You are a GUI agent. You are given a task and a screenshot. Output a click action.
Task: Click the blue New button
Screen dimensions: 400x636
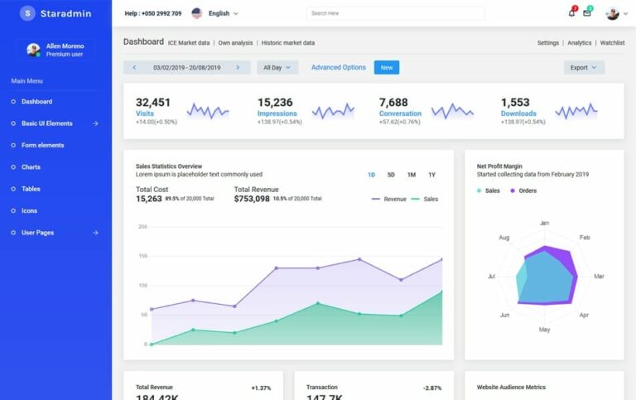387,67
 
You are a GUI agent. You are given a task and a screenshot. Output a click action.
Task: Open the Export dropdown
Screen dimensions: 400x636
584,68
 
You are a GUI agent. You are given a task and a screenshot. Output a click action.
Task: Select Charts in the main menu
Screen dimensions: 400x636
31,167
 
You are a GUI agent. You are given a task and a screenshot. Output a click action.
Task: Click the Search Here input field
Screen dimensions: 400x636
395,13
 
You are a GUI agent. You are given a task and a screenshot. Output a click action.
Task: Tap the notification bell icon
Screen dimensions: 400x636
571,13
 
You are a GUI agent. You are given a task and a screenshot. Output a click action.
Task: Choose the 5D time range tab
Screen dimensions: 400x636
391,175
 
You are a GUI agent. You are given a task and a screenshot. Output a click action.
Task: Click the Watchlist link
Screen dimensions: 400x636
612,42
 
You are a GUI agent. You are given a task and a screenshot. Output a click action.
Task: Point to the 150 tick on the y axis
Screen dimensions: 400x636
142,256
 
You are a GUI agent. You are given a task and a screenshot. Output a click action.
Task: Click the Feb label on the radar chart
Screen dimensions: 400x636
585,238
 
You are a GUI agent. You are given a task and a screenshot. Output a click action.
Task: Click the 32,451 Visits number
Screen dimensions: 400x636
153,103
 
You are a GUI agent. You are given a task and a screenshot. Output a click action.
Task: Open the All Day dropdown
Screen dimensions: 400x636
277,68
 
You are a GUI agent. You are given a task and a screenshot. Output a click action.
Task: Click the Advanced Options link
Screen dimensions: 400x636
338,67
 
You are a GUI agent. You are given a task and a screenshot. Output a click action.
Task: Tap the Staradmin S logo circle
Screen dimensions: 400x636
27,13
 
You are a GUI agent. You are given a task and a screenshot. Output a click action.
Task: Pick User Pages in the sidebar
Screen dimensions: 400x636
38,233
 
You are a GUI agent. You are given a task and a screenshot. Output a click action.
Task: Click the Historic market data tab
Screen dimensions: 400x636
287,42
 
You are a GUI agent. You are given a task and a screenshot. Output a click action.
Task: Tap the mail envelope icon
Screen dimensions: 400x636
587,13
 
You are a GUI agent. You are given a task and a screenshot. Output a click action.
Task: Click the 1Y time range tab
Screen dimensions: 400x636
431,175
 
